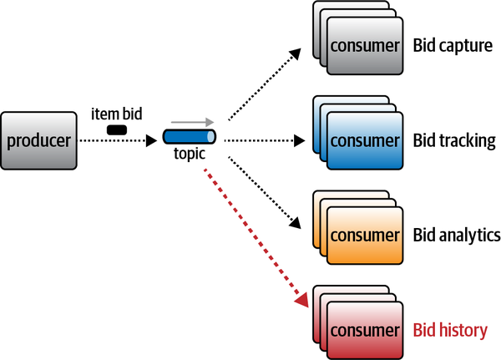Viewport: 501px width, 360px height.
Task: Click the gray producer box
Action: pyautogui.click(x=39, y=139)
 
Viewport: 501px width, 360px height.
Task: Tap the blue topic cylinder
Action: pyautogui.click(x=189, y=137)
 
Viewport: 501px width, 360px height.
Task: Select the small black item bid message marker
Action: pyautogui.click(x=117, y=129)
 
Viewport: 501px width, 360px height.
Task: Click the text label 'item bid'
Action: pyautogui.click(x=116, y=113)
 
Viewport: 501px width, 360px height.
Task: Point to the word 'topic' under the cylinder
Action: pyautogui.click(x=189, y=155)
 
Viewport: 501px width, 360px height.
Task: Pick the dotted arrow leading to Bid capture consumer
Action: pyautogui.click(x=262, y=83)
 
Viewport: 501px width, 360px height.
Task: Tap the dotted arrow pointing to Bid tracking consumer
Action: pyautogui.click(x=263, y=140)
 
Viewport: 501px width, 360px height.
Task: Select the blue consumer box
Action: pyautogui.click(x=363, y=139)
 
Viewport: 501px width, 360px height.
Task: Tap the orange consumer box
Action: pyautogui.click(x=363, y=235)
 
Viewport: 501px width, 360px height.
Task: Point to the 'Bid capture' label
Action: pyautogui.click(x=453, y=44)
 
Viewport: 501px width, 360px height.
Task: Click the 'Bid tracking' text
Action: pyautogui.click(x=454, y=139)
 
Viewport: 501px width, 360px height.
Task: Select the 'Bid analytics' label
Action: pyautogui.click(x=456, y=235)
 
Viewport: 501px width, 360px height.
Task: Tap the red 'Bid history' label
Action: pyautogui.click(x=450, y=330)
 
